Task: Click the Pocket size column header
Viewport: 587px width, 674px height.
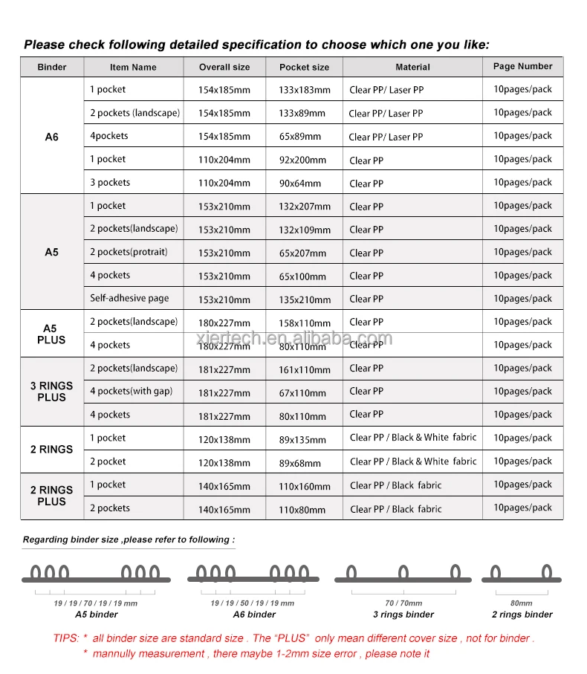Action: coord(304,67)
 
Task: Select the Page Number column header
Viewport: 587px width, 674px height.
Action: coord(522,66)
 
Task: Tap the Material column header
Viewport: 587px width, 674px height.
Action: coord(412,67)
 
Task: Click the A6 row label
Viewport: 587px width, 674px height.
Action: coord(51,137)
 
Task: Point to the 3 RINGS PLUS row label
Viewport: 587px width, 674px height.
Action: coord(51,392)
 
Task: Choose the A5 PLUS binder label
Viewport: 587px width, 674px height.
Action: coord(51,334)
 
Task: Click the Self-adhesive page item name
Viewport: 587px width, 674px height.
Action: coord(129,298)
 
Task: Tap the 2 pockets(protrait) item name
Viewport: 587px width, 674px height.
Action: coord(129,252)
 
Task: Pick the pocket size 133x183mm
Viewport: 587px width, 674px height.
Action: coord(304,90)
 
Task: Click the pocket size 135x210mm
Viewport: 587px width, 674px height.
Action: coord(304,299)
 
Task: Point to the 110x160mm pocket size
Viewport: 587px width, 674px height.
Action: coord(304,487)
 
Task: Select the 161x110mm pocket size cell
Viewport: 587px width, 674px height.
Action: coord(304,369)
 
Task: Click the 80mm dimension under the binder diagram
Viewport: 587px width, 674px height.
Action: coord(522,603)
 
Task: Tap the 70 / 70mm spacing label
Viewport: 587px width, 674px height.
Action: coord(403,603)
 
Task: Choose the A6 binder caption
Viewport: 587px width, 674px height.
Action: coord(254,615)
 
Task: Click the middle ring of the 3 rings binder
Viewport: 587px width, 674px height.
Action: coord(403,572)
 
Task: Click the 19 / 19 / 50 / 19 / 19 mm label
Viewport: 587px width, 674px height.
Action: coord(253,603)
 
